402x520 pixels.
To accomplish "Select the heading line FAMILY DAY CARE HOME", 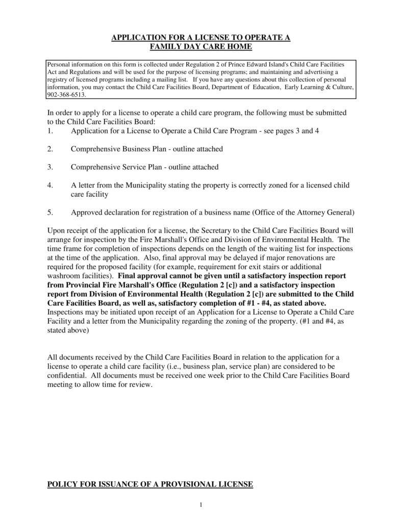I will coord(201,47).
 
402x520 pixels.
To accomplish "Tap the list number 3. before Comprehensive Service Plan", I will coord(50,167).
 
